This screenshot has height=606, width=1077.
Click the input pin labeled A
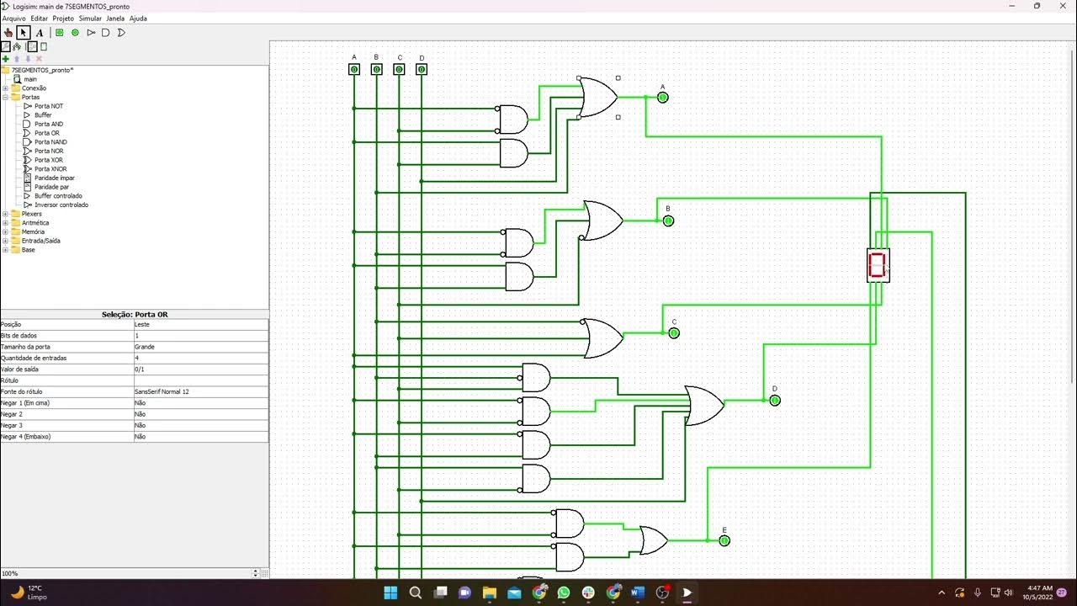[354, 69]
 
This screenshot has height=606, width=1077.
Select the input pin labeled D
[422, 69]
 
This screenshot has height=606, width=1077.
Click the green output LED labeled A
[662, 98]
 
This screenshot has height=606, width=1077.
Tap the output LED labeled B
[668, 221]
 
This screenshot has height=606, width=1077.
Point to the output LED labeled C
[673, 333]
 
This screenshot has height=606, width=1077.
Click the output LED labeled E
[724, 540]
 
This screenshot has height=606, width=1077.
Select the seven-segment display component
[878, 265]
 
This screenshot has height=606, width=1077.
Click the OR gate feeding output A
[598, 98]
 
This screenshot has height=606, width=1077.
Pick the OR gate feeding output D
[703, 406]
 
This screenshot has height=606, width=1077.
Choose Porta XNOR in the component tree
[50, 169]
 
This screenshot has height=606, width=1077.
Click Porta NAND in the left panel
[50, 142]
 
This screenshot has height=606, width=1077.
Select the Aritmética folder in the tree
[34, 223]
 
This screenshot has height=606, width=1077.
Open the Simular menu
[90, 18]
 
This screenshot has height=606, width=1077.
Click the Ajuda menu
[138, 18]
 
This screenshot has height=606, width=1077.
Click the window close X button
[1060, 6]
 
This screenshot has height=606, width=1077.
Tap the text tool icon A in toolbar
[39, 33]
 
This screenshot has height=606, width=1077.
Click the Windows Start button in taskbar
[391, 593]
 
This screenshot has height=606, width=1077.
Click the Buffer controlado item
[58, 196]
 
